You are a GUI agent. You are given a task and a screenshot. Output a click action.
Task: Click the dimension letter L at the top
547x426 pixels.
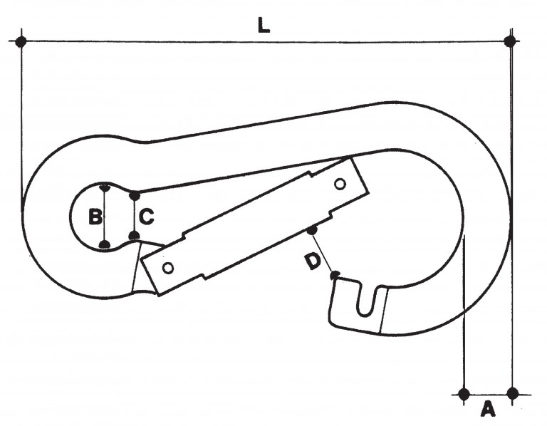(264, 25)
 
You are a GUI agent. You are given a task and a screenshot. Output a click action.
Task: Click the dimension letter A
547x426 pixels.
(488, 409)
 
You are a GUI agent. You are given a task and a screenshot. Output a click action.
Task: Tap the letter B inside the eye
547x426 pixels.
(95, 217)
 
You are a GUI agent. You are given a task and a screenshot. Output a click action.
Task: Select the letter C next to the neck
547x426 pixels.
(147, 217)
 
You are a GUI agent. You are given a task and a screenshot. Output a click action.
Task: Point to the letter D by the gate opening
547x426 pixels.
(313, 261)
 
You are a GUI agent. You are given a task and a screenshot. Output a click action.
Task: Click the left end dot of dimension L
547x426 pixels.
(21, 41)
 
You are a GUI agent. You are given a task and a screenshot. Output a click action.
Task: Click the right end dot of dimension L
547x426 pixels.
(511, 41)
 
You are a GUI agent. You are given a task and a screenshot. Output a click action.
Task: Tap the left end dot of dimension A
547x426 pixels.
(464, 394)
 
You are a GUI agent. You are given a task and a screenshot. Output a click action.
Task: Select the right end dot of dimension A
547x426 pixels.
(513, 394)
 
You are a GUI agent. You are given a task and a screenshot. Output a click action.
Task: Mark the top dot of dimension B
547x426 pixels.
(104, 187)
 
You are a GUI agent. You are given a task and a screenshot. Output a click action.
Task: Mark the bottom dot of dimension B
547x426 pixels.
(104, 244)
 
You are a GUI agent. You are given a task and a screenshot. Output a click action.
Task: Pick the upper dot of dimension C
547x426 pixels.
(135, 195)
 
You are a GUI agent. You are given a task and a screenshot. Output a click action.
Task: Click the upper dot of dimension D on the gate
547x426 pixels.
(312, 230)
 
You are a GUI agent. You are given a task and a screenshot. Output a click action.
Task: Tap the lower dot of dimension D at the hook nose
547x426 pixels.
(334, 276)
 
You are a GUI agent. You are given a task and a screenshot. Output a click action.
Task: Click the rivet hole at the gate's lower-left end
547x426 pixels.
(169, 268)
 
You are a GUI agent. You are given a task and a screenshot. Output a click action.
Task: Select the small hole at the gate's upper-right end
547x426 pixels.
(340, 184)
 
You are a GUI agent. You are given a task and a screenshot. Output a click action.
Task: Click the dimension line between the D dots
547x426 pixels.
(323, 253)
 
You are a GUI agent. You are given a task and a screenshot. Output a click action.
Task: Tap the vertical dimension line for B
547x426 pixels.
(104, 217)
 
